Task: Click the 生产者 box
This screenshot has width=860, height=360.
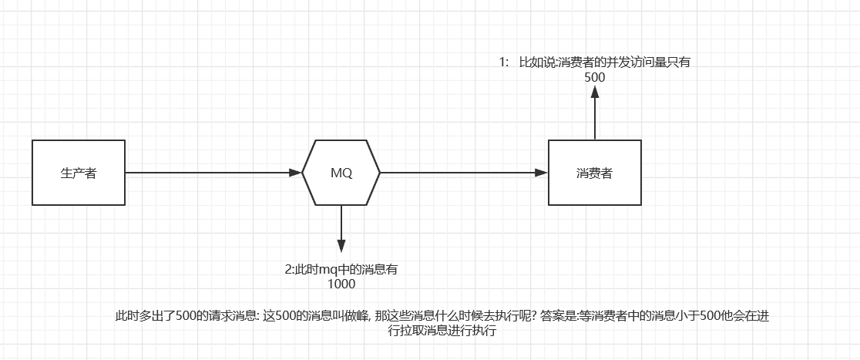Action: click(79, 173)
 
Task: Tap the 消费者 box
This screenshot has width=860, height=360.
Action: click(594, 173)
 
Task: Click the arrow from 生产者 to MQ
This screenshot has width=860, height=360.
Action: click(208, 173)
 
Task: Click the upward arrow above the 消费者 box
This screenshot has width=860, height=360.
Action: click(595, 116)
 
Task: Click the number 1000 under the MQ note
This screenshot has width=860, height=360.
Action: click(341, 284)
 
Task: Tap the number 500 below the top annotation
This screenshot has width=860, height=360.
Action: click(594, 77)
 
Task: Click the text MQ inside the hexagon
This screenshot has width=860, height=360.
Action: click(341, 173)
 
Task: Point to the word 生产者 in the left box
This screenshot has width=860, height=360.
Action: click(79, 173)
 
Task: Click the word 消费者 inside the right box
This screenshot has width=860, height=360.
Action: click(594, 173)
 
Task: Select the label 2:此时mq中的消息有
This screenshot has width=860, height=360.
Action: click(341, 270)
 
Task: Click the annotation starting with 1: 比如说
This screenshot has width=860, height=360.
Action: click(593, 62)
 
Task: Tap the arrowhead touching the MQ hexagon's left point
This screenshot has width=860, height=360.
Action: click(295, 173)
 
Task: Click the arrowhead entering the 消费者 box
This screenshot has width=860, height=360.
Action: click(542, 173)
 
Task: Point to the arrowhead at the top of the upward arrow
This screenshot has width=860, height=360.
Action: click(595, 92)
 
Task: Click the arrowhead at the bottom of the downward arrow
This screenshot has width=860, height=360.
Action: click(341, 246)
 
